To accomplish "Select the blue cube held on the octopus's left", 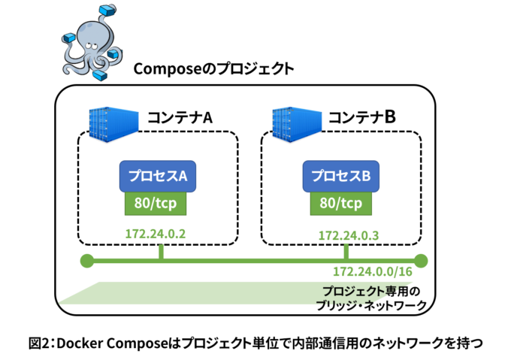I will (x=69, y=38).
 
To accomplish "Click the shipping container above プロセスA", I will (x=113, y=123).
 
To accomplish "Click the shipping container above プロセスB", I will (x=297, y=123).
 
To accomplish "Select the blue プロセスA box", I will (x=157, y=176).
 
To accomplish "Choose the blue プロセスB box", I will (x=340, y=176).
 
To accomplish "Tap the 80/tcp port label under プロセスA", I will (x=156, y=203).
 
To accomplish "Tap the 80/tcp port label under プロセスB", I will (x=340, y=203).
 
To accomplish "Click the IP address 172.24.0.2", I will (x=156, y=233).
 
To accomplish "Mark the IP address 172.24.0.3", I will (x=348, y=235).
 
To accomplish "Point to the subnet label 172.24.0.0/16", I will (x=373, y=271).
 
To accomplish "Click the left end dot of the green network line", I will (x=87, y=261).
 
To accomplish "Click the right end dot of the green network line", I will (x=421, y=261).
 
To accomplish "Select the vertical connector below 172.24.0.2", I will (x=162, y=250).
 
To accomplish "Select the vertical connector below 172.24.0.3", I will (x=346, y=251).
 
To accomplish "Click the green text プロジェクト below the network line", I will (x=353, y=292).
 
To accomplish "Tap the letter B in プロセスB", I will (x=366, y=177).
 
